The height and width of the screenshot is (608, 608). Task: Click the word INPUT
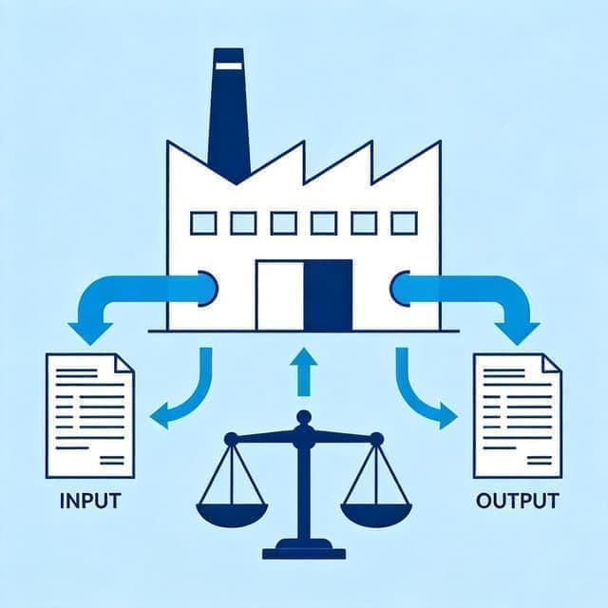(x=90, y=501)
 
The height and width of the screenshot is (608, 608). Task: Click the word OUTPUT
(x=517, y=501)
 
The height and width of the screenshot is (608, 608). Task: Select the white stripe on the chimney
(x=229, y=66)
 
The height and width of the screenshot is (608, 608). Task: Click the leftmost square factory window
(x=203, y=223)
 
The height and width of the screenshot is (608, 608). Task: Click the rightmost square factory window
(x=405, y=223)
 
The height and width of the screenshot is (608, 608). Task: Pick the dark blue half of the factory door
(x=328, y=295)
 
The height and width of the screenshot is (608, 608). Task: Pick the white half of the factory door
(x=280, y=295)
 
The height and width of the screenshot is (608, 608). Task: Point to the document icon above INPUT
(x=90, y=416)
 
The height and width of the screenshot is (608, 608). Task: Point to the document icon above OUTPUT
(x=518, y=416)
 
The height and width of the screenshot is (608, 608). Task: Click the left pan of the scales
(x=232, y=515)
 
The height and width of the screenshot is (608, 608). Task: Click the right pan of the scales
(x=376, y=515)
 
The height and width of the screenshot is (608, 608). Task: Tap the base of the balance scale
(x=304, y=549)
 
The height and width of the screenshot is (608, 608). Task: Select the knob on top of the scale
(x=304, y=418)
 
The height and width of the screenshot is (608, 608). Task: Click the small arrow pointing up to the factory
(x=304, y=371)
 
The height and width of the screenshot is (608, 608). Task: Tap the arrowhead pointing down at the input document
(x=90, y=332)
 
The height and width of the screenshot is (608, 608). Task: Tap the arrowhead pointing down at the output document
(x=517, y=332)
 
